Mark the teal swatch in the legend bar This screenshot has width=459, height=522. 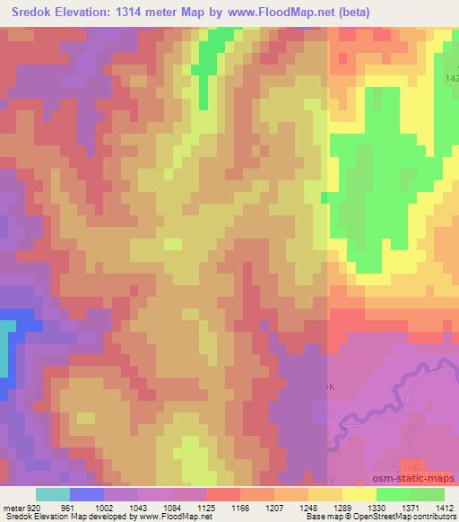coord(53,494)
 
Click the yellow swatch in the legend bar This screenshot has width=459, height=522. coord(359,494)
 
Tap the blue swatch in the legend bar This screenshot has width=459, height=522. coord(87,494)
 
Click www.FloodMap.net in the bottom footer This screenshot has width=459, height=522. coord(171,518)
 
